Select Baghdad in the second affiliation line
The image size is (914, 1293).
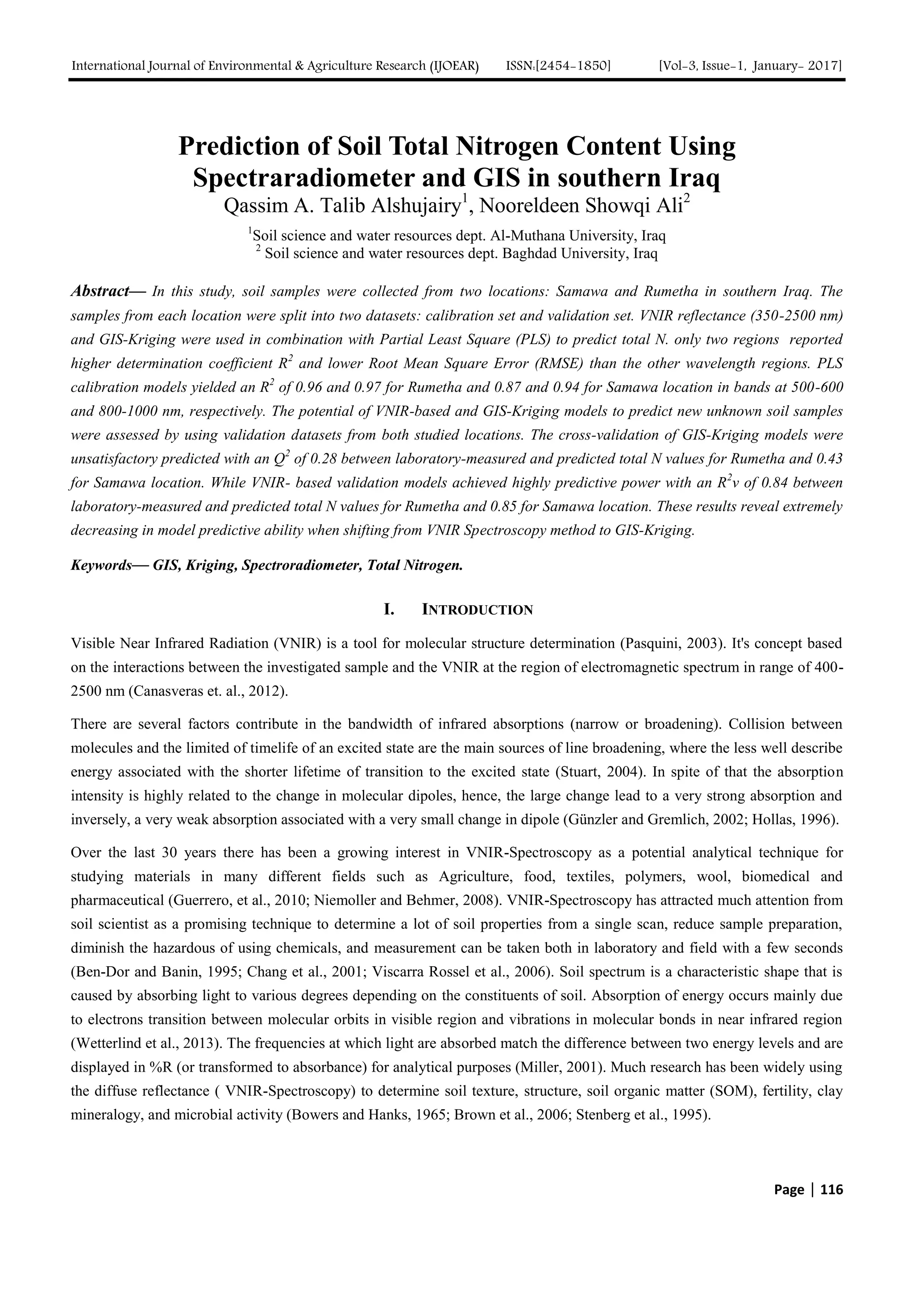click(x=529, y=254)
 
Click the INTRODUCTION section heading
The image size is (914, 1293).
click(x=477, y=610)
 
